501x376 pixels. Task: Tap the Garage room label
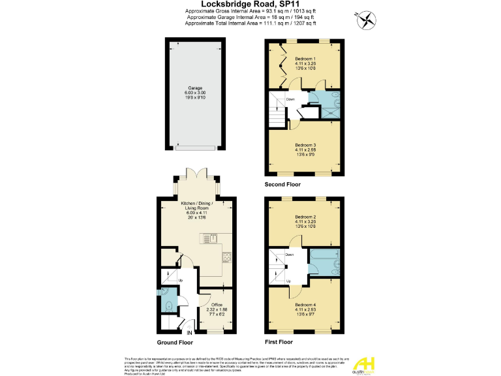click(195, 87)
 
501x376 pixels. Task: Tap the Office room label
click(215, 305)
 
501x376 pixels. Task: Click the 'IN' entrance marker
click(190, 334)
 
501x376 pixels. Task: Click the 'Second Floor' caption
click(282, 185)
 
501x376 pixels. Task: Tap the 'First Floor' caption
click(279, 342)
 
